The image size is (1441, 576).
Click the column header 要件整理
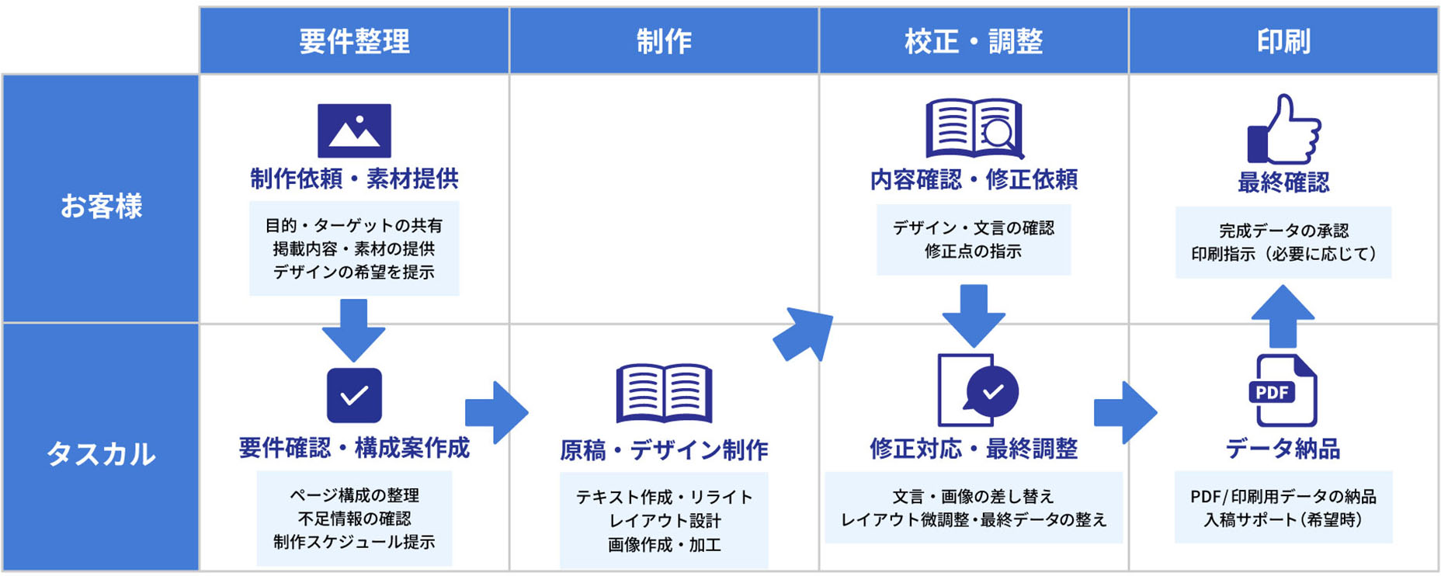coord(354,41)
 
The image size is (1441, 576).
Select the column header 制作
coord(664,41)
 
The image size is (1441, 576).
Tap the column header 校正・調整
coord(973,41)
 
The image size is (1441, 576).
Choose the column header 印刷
coord(1283,41)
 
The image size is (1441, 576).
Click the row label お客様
coord(101,206)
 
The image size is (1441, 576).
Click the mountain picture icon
coord(354,130)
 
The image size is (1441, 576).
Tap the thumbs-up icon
coord(1283,130)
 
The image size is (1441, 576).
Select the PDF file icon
coord(1283,390)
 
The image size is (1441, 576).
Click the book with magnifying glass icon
coord(974,129)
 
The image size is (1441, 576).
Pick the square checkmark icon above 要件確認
coord(354,395)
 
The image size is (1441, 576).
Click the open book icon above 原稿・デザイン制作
coord(664,393)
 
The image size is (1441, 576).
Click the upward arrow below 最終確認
coord(1283,315)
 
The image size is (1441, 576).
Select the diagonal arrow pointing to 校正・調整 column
coord(804,333)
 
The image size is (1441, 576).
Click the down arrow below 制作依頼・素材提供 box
coord(354,329)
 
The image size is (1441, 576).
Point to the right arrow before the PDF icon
coord(1124,412)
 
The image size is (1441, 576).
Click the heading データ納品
coord(1283,449)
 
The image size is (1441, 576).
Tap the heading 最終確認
coord(1283,182)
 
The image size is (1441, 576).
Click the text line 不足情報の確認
coord(354,519)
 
